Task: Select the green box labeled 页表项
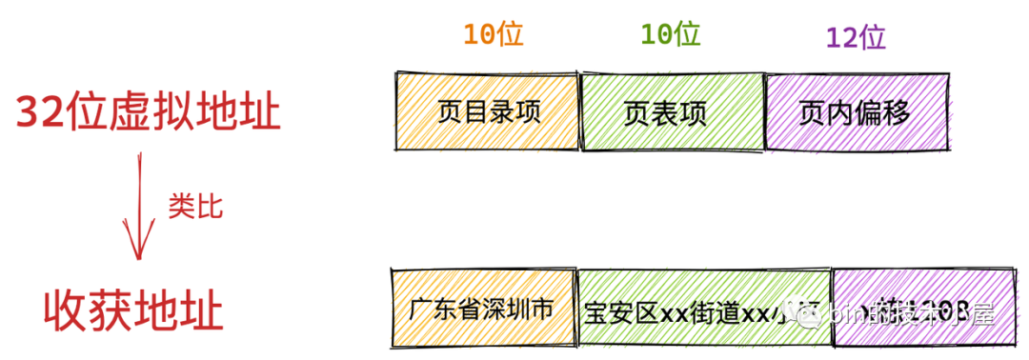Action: [x=672, y=112]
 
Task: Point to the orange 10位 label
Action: [x=493, y=35]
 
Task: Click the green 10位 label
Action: [x=671, y=35]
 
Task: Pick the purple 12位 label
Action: [x=856, y=37]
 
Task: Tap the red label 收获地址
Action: [x=133, y=311]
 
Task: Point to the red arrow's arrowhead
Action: [x=137, y=250]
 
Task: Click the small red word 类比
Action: [x=195, y=207]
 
